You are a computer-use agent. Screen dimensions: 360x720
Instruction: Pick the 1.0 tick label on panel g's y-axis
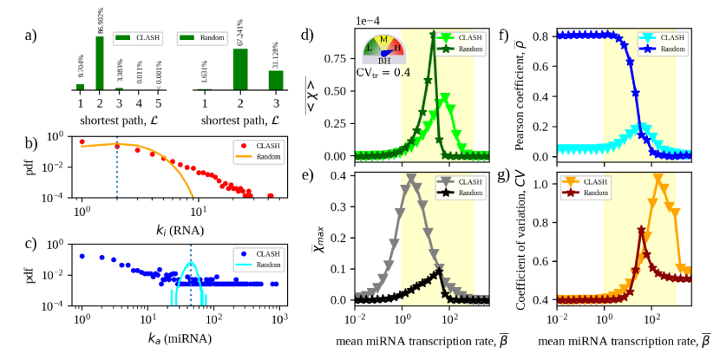click(x=544, y=185)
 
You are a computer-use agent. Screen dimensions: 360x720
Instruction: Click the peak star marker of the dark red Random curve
click(x=641, y=231)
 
